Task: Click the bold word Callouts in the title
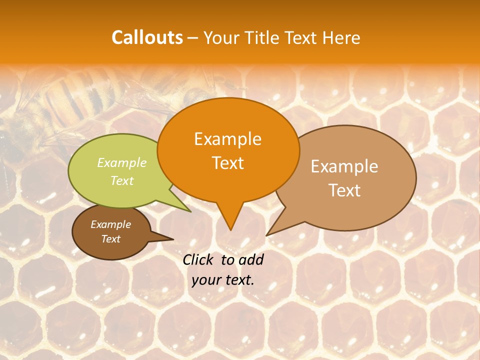pyautogui.click(x=147, y=37)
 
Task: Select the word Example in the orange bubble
pyautogui.click(x=227, y=139)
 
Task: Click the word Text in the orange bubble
pyautogui.click(x=227, y=163)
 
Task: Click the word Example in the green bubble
pyautogui.click(x=122, y=162)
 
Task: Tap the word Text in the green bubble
pyautogui.click(x=122, y=180)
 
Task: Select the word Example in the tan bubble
pyautogui.click(x=344, y=166)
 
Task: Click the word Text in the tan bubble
pyautogui.click(x=344, y=190)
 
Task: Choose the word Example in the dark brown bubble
pyautogui.click(x=110, y=224)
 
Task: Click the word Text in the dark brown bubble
pyautogui.click(x=110, y=239)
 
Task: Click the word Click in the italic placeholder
pyautogui.click(x=199, y=259)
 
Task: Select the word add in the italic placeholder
pyautogui.click(x=251, y=259)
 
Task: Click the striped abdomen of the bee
pyautogui.click(x=75, y=97)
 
